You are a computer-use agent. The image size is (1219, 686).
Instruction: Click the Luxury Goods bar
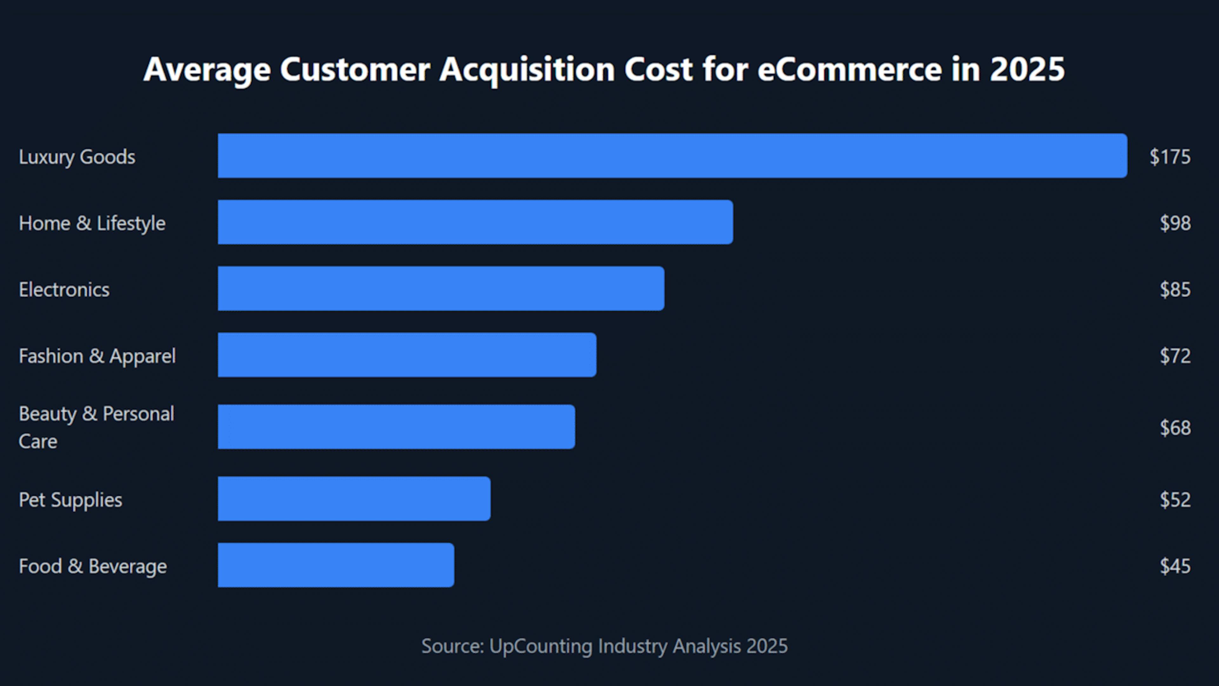coord(672,156)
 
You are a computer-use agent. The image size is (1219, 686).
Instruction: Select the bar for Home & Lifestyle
coord(475,222)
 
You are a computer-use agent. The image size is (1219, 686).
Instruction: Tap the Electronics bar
coord(441,288)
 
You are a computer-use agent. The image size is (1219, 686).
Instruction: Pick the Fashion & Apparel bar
coord(407,355)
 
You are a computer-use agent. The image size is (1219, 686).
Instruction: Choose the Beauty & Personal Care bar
coord(396,427)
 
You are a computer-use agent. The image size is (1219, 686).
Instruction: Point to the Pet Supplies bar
coord(354,499)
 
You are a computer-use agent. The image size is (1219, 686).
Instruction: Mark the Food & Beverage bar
coord(336,565)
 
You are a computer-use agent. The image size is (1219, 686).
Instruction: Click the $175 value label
coord(1170,157)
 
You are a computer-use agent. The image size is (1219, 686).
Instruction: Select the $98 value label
coord(1175,223)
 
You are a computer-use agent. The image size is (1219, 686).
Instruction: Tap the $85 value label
coord(1175,289)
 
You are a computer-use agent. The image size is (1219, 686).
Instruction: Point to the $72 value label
coord(1175,356)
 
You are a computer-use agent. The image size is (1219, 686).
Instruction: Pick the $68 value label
coord(1175,427)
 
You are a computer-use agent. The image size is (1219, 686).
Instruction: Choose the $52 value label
coord(1175,500)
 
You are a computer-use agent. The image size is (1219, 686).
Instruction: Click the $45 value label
coord(1175,566)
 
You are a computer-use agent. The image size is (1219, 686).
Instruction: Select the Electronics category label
coord(64,289)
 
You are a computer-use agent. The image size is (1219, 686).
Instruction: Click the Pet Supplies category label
coord(70,500)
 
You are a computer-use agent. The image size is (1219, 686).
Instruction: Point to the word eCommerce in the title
coord(849,70)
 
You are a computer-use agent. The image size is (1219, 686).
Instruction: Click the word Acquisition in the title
coord(527,70)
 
